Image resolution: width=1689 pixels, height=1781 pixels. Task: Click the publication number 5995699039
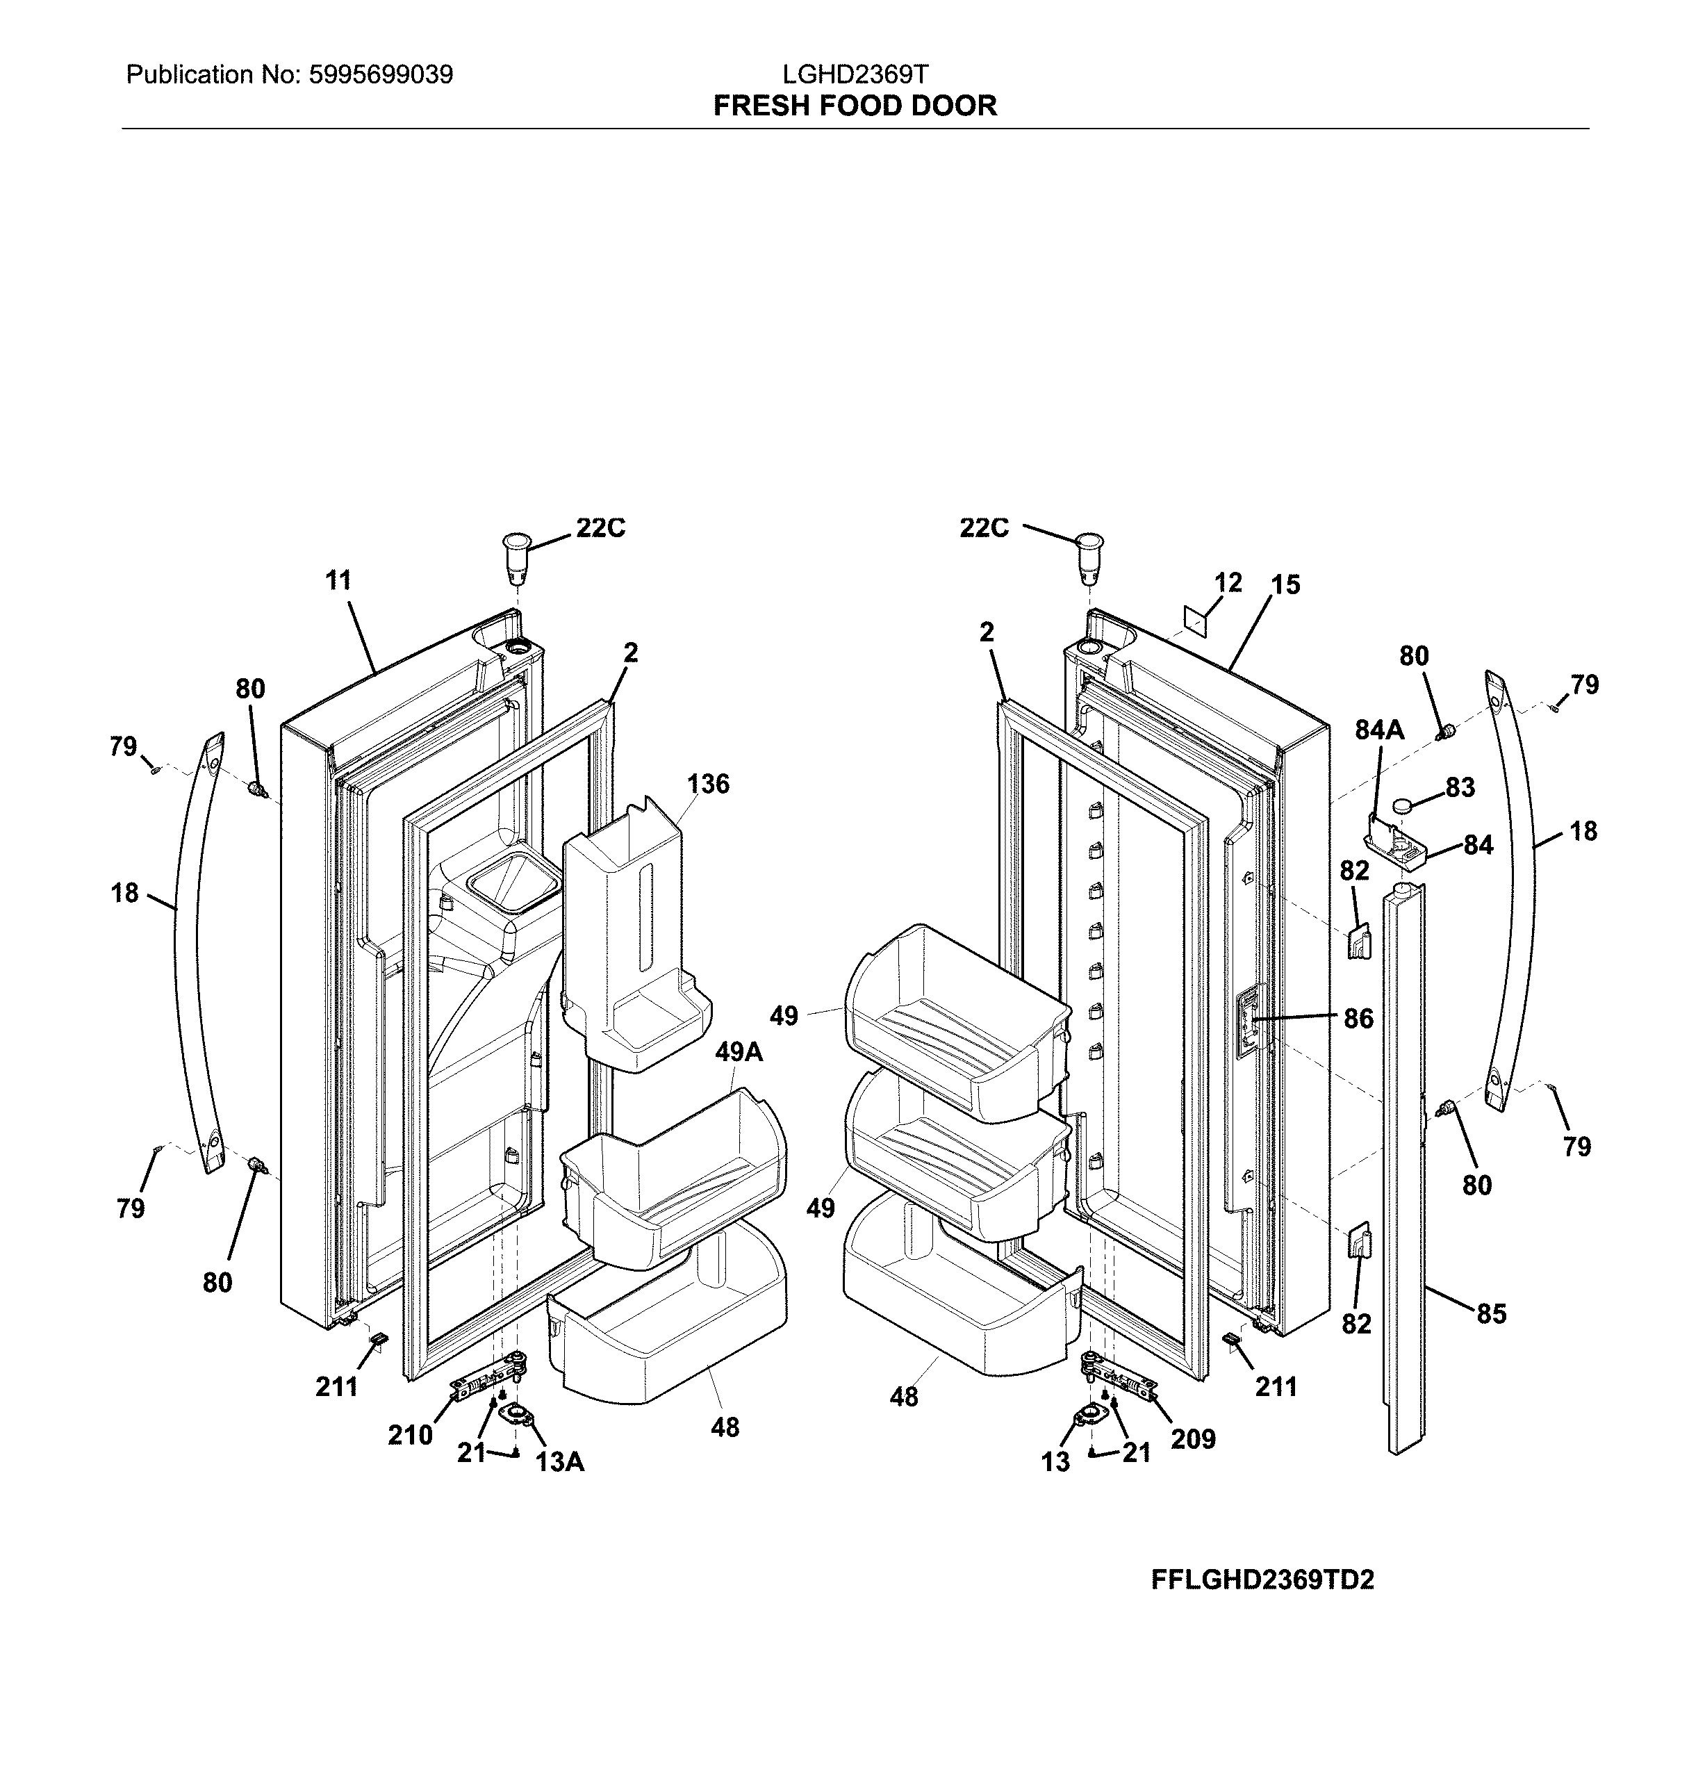380,75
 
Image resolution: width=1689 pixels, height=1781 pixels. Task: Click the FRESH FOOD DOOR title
855,106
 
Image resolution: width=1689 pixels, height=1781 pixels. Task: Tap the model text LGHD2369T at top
855,74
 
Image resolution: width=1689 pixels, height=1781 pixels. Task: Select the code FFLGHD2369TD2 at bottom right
1262,1580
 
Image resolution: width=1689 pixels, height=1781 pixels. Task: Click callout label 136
708,785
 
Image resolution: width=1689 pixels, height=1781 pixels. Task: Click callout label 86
1358,1018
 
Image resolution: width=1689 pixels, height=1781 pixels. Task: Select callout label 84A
1379,730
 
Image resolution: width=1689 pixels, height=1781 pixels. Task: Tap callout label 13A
560,1462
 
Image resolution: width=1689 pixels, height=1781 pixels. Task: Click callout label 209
1193,1440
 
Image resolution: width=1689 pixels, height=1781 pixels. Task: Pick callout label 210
411,1435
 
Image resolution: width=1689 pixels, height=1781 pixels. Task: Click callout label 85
1491,1315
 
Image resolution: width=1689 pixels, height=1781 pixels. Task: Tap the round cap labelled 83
1405,804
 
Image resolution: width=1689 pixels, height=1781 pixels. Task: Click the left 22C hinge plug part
515,555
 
